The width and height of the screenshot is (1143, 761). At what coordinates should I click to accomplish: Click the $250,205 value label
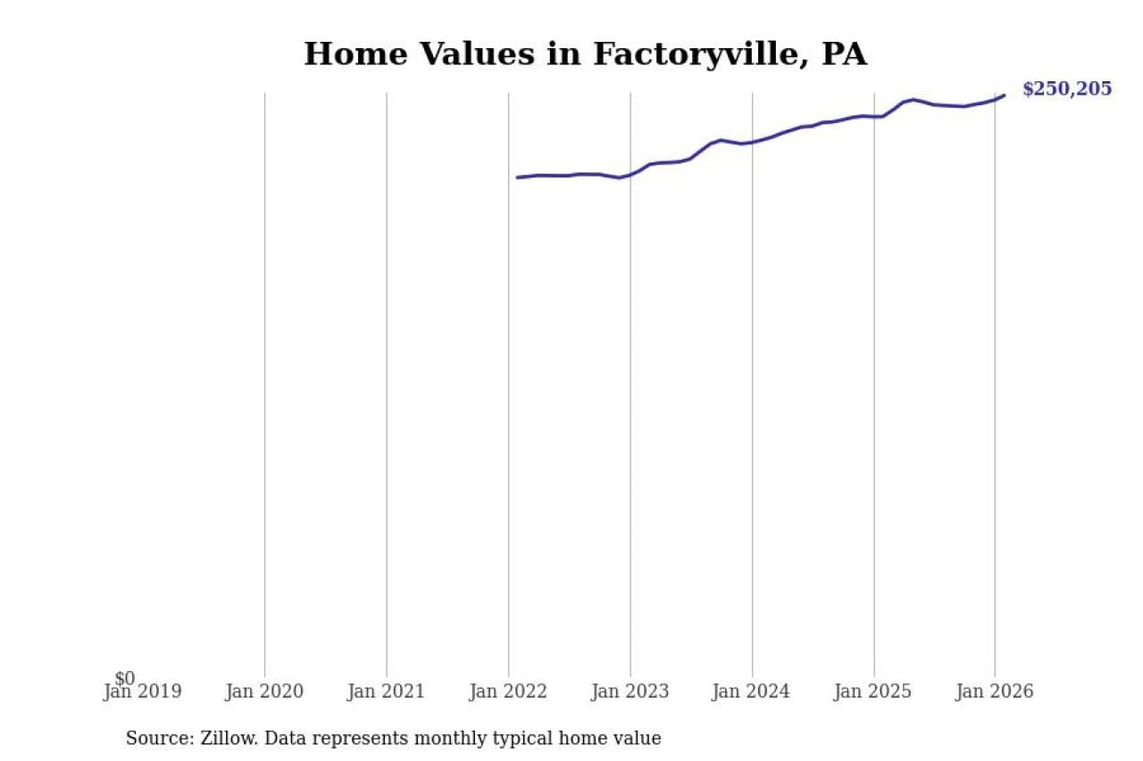pos(1067,89)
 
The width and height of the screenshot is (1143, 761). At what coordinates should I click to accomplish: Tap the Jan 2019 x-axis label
pos(143,691)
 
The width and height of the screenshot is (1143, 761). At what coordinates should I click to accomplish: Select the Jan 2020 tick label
pos(264,691)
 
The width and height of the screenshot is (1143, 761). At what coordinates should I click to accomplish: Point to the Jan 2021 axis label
pos(386,691)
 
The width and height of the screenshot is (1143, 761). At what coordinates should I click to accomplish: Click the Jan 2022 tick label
pos(508,691)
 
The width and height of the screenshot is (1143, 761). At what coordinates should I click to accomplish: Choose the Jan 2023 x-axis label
pos(630,691)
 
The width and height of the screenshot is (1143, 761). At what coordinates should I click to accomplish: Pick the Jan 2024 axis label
pos(751,691)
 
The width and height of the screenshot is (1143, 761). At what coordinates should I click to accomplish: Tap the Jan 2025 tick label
pos(873,691)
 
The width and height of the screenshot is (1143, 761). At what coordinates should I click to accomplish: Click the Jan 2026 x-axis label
pos(995,691)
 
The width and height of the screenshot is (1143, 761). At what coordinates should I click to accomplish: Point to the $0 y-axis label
pos(125,679)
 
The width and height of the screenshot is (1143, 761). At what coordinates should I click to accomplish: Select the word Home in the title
pos(355,54)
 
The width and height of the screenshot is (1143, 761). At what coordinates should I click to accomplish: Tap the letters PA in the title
pos(844,54)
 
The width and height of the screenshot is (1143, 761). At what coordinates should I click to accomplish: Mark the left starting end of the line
pos(517,178)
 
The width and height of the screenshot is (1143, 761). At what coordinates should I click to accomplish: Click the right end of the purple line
pos(1004,95)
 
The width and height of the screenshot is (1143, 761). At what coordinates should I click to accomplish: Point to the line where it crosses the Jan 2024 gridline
pos(752,142)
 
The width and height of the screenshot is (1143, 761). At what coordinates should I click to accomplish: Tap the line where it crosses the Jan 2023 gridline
pos(630,174)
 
